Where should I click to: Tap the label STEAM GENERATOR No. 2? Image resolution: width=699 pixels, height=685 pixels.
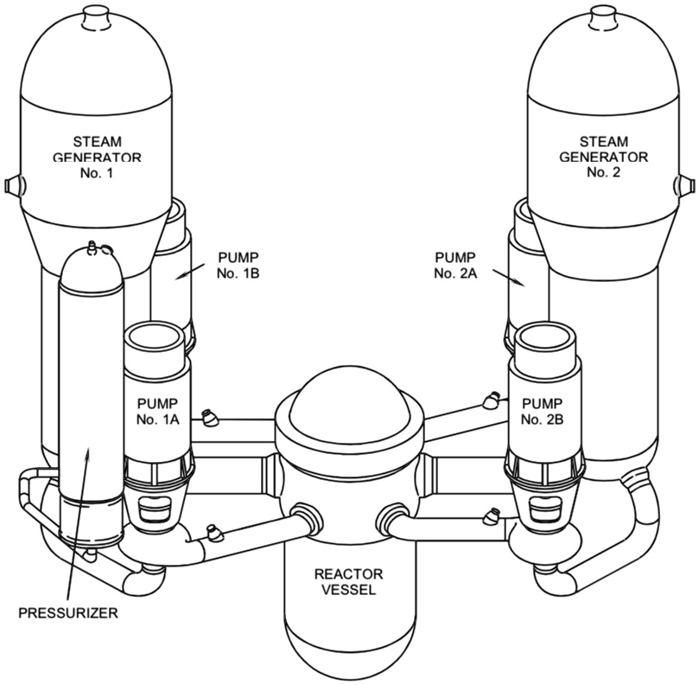point(603,157)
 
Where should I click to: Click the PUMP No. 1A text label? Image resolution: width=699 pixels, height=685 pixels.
point(158,413)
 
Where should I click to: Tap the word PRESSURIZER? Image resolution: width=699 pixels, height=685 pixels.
point(67,615)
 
